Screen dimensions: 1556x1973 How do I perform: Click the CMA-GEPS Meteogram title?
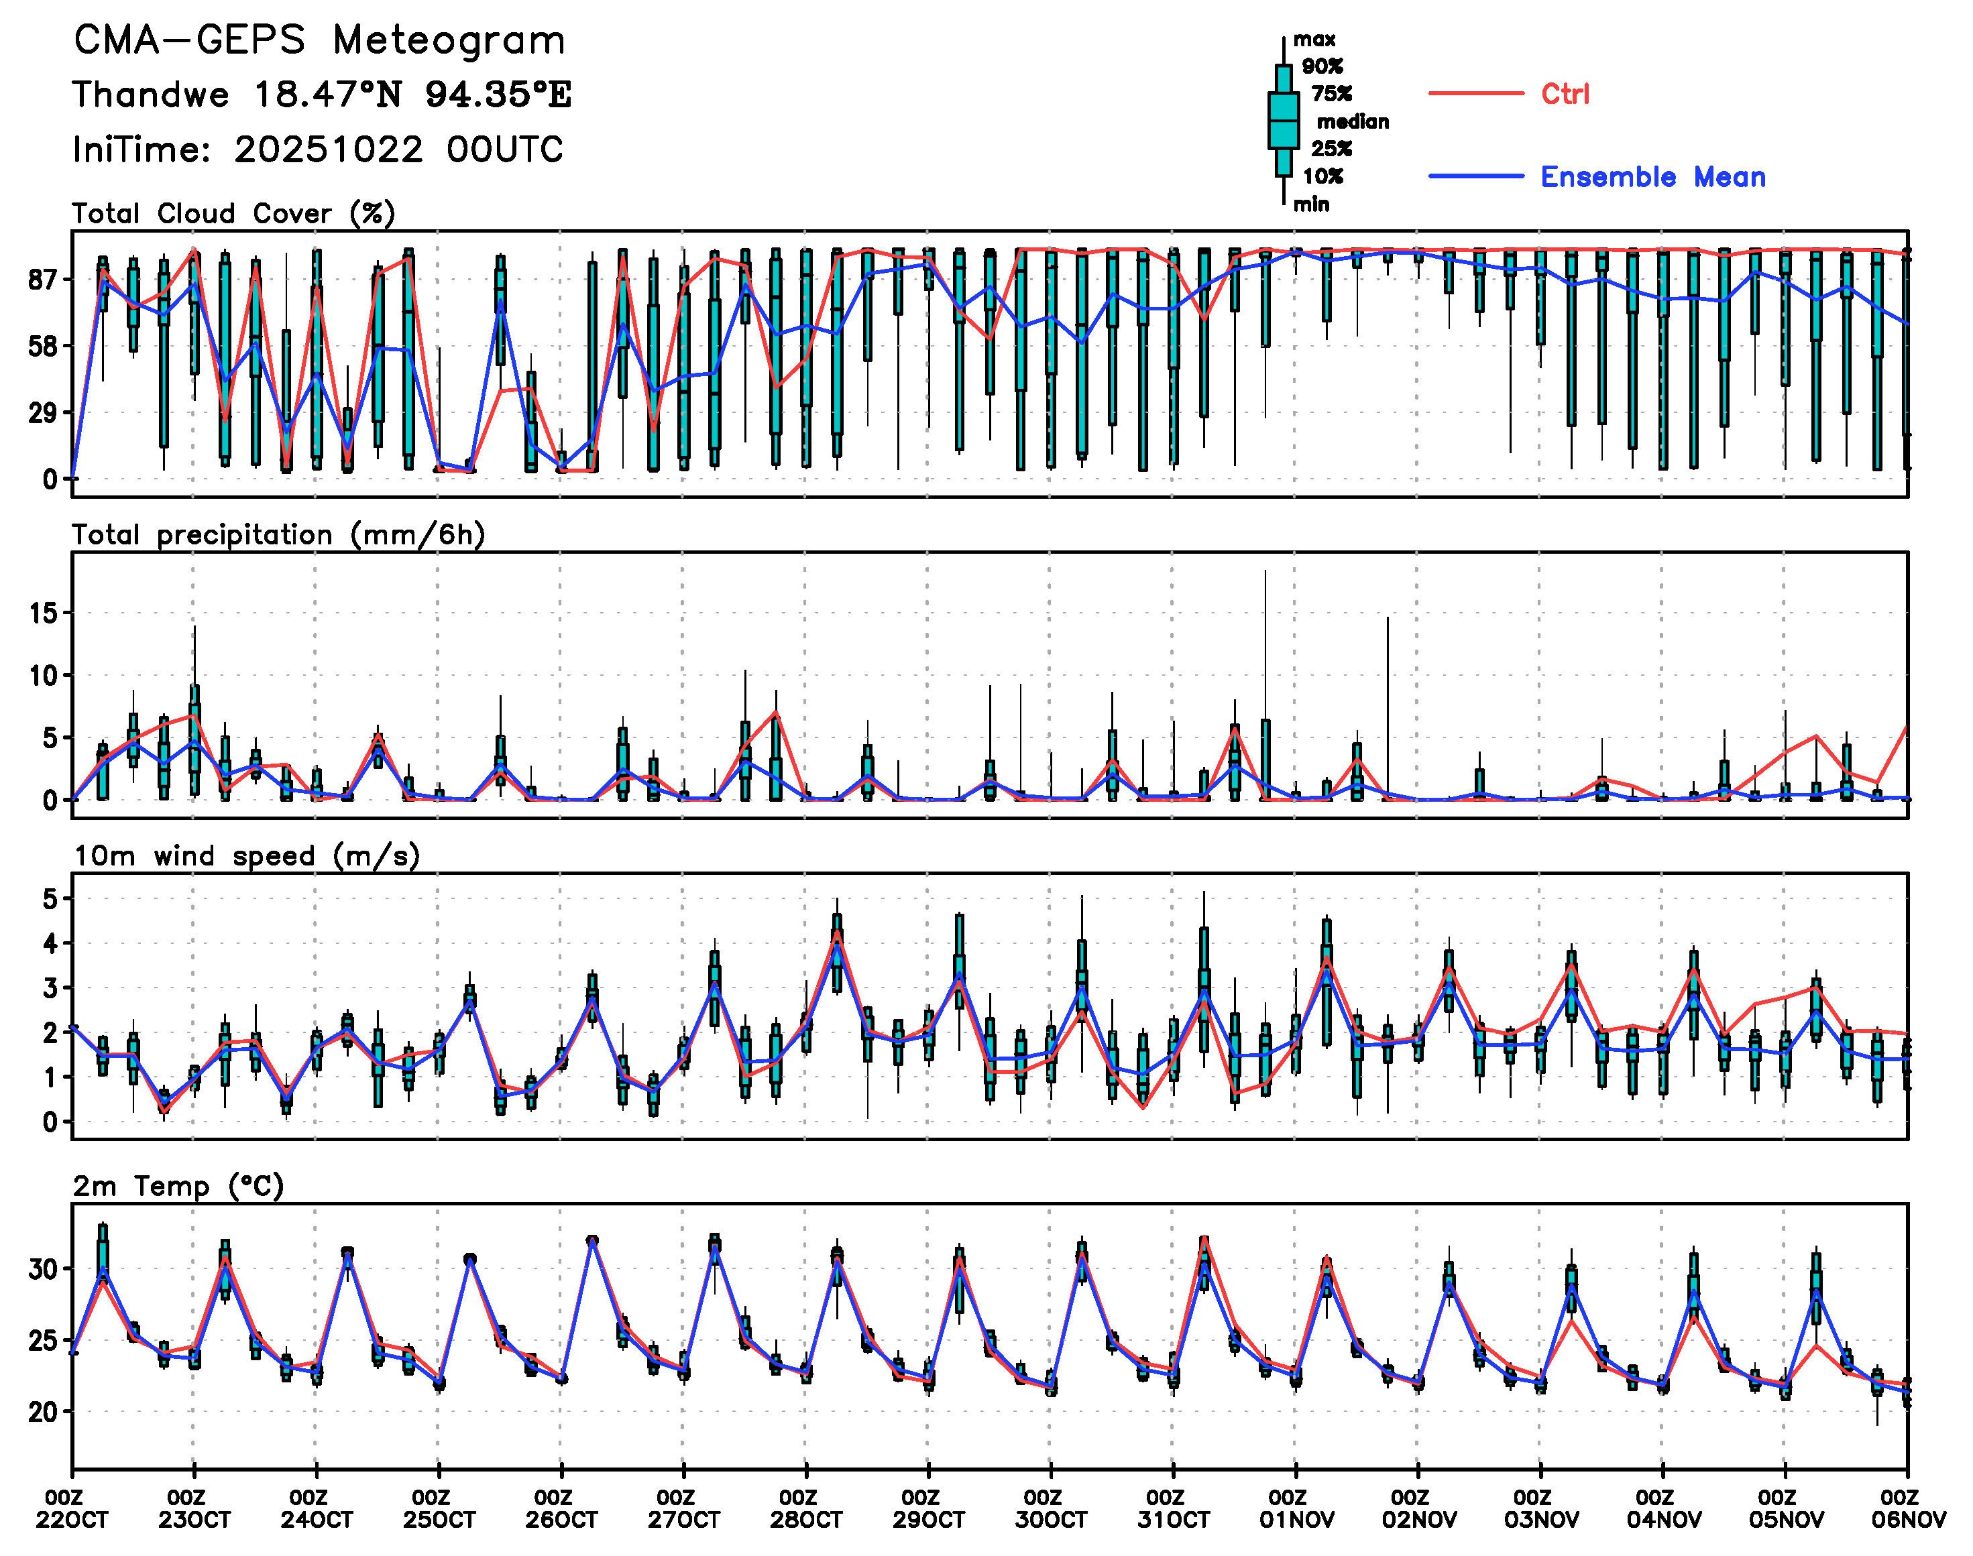click(319, 41)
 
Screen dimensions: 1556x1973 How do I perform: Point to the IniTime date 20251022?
click(328, 149)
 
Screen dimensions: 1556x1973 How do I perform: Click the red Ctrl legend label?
click(1565, 94)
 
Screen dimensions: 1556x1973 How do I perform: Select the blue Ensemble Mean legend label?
click(1652, 177)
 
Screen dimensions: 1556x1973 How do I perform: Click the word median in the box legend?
click(1353, 122)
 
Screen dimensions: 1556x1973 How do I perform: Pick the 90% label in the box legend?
click(1322, 66)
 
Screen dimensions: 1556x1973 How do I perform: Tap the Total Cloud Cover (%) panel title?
click(233, 214)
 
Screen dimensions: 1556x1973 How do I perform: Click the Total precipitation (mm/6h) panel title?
click(278, 535)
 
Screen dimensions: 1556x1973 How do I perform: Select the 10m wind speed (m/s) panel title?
click(246, 856)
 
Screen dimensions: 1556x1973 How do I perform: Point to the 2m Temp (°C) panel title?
click(178, 1186)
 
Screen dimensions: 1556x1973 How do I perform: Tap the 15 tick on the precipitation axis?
click(44, 614)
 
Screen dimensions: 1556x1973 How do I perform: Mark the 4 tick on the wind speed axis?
click(50, 944)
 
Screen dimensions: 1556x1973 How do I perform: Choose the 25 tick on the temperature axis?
click(44, 1341)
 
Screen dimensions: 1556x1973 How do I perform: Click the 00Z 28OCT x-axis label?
click(805, 1510)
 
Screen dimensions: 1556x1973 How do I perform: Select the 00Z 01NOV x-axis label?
click(1296, 1510)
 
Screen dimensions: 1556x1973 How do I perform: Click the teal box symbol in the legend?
click(1283, 120)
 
